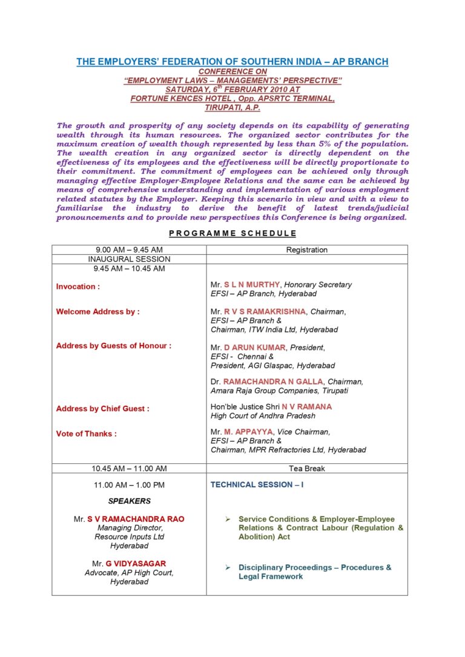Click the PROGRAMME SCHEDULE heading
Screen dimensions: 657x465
click(232, 233)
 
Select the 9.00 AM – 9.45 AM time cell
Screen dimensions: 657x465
click(129, 249)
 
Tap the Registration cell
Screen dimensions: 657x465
click(307, 249)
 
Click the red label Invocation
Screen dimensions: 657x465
click(78, 286)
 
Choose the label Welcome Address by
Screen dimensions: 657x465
click(97, 311)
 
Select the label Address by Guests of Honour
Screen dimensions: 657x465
click(113, 346)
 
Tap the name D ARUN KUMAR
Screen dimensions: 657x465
click(255, 348)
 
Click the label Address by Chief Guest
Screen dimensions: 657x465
click(102, 409)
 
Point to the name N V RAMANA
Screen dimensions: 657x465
click(307, 407)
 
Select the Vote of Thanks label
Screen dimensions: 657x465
click(87, 434)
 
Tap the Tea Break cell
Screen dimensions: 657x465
click(307, 468)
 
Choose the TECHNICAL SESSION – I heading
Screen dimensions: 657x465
click(257, 485)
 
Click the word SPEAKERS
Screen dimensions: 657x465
click(130, 501)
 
